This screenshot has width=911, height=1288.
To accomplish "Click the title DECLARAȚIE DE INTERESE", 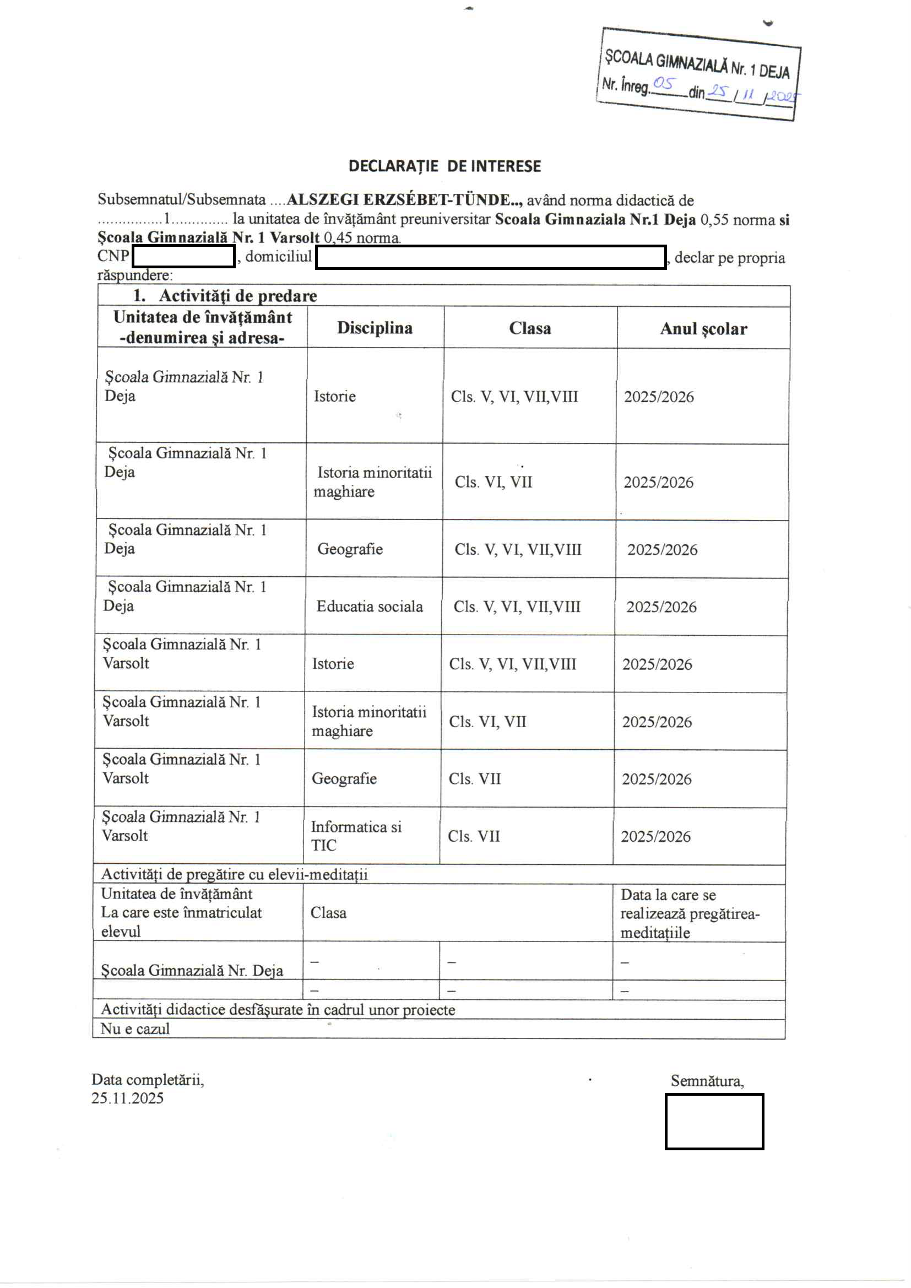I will point(444,166).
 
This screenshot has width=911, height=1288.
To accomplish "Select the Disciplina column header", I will point(375,328).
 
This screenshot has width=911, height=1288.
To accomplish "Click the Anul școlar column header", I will point(703,329).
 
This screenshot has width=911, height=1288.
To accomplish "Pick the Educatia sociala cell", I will point(369,607).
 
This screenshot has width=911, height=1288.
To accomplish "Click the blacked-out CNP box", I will point(183,257).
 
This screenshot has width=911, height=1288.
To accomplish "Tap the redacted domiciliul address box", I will point(490,257).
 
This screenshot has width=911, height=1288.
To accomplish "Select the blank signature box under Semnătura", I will point(714,1122).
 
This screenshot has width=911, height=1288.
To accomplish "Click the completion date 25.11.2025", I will point(127,1098).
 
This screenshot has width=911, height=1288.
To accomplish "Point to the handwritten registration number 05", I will point(663,84).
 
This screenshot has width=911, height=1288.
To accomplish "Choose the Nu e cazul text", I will point(134,1029).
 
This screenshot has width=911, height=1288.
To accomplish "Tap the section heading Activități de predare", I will point(237,296).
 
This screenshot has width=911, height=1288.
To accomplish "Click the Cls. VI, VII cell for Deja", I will point(493,482).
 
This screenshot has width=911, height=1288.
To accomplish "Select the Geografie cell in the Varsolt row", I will point(344,778).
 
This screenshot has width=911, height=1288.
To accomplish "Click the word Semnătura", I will point(707,1081).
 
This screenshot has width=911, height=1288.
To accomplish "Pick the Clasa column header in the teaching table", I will point(529,328).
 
